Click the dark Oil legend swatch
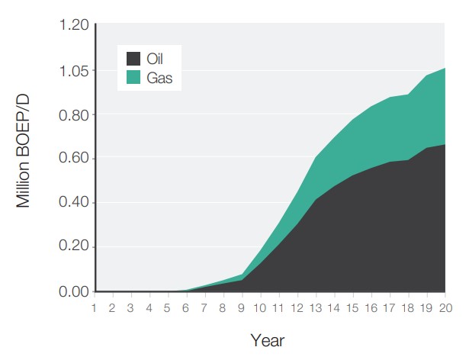(133, 58)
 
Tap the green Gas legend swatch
(133, 77)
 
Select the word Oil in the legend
(155, 58)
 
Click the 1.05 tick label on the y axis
(73, 71)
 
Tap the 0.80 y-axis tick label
(73, 115)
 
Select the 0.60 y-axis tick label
(73, 159)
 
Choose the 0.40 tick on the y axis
(73, 203)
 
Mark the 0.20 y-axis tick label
(73, 247)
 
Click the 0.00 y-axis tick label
(73, 291)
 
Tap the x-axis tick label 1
(94, 307)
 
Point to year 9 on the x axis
(242, 307)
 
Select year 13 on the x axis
(315, 307)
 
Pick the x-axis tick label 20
(445, 307)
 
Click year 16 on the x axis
(371, 307)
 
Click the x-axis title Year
(268, 339)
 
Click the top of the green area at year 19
(426, 76)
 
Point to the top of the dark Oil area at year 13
(316, 199)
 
